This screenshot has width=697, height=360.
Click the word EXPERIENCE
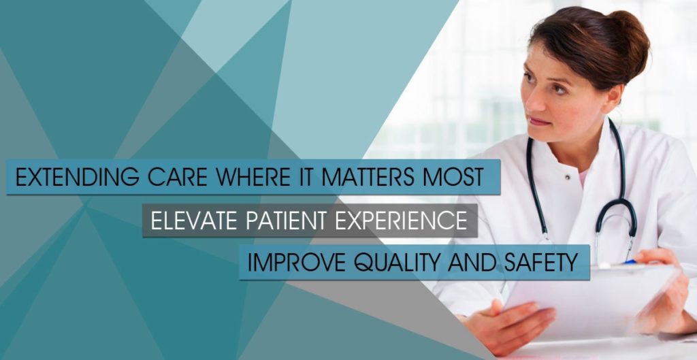402,220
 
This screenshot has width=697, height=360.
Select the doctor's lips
539,122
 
